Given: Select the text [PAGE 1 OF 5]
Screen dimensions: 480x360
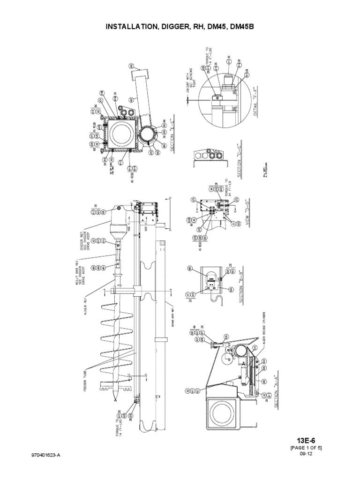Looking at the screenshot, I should click(306, 448).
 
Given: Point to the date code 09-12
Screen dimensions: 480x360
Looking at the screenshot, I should click(306, 455).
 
